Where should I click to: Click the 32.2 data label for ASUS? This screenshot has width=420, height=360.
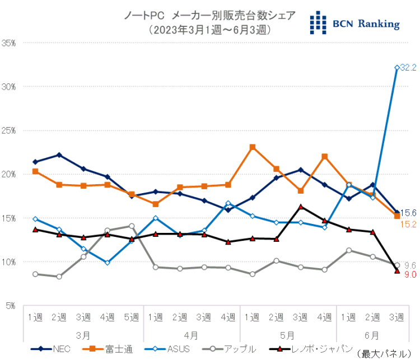coord(407,68)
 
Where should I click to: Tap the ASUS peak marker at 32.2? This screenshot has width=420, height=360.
coord(397,68)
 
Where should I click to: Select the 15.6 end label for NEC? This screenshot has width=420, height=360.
coord(409,213)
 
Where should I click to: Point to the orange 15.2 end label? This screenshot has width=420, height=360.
coord(409,224)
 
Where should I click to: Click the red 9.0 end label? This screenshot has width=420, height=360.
coord(409,275)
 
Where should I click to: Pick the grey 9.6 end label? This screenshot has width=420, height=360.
coord(409,265)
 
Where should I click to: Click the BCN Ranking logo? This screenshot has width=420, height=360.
coord(355,23)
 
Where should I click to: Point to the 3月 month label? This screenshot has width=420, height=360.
coord(84,335)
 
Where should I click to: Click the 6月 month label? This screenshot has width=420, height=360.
coord(372,335)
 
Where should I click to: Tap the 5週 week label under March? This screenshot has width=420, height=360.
coord(132,317)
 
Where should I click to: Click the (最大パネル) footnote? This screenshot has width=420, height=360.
coord(386,353)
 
